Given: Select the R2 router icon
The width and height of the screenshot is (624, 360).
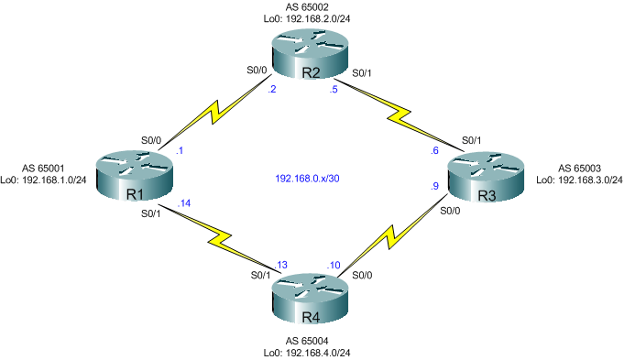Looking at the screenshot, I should tap(309, 55).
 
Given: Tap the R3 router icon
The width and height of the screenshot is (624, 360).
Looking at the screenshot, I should tap(484, 179).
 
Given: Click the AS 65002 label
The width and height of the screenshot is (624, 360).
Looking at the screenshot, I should tap(311, 7).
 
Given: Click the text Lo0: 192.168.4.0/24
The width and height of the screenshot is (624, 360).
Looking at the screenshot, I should tap(310, 352).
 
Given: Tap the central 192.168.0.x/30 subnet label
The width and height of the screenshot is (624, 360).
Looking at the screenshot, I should tap(309, 178).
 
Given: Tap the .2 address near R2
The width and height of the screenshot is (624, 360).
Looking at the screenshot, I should tap(270, 90).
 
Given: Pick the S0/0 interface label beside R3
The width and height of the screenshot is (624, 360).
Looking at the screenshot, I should tap(451, 211).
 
